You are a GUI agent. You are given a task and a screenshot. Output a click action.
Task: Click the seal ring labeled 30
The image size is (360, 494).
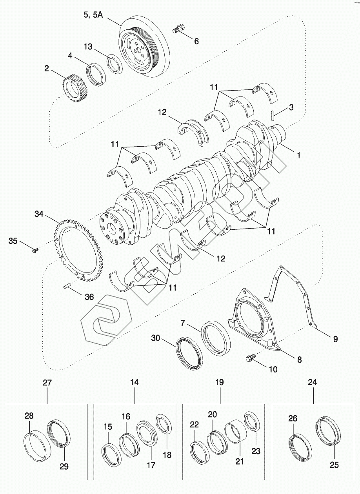(x=190, y=352)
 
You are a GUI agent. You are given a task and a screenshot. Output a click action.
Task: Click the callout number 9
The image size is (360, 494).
(x=335, y=339)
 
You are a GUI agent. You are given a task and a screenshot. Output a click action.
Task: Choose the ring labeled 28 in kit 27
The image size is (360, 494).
(x=39, y=447)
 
